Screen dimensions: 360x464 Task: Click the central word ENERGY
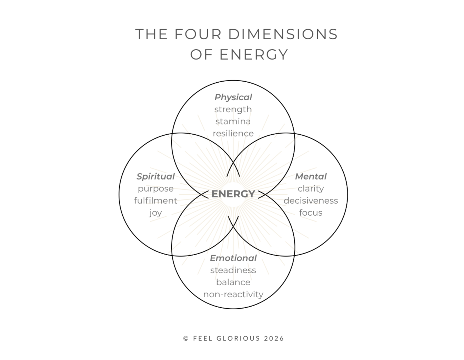(233, 194)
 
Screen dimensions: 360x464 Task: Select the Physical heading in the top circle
(233, 97)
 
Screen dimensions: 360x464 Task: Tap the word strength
(233, 109)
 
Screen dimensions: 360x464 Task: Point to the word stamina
(233, 121)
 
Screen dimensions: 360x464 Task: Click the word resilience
(233, 133)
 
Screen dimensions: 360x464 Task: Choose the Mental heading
(311, 176)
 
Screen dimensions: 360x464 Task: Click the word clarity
(311, 188)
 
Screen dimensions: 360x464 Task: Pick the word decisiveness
(311, 200)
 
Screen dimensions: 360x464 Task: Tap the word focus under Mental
(311, 213)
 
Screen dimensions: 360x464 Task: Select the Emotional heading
(233, 258)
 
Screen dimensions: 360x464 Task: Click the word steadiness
(233, 270)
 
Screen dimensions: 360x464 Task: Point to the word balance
(233, 282)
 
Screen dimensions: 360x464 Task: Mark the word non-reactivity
(233, 294)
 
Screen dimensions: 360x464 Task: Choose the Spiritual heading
(155, 176)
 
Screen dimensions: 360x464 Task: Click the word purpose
(155, 189)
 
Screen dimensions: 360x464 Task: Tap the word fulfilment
(155, 200)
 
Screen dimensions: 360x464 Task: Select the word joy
(155, 213)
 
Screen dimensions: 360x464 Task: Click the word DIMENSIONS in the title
(283, 34)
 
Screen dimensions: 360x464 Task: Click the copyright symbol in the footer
(186, 338)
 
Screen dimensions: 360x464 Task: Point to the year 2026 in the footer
(274, 338)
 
